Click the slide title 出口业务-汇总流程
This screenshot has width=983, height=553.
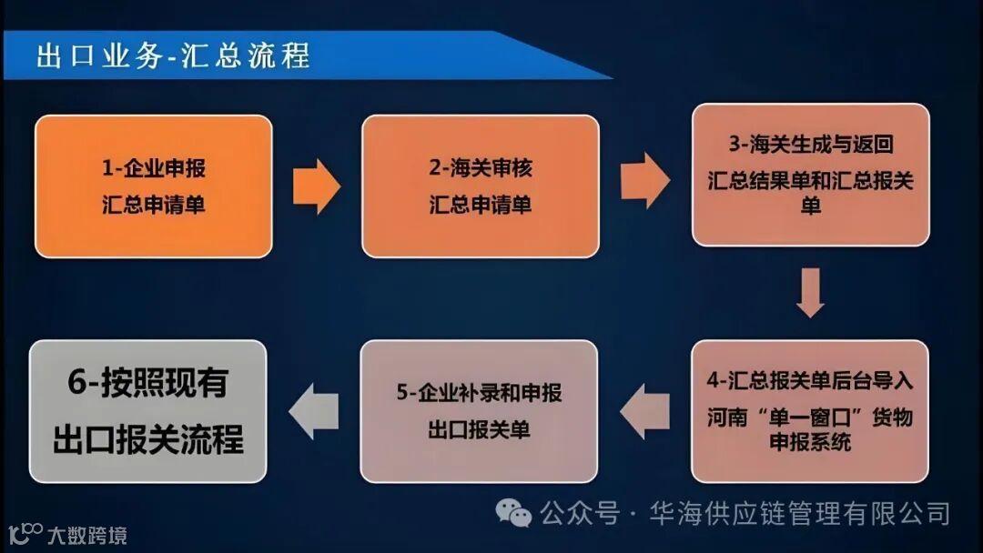(173, 55)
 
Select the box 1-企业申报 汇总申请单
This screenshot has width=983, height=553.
(153, 186)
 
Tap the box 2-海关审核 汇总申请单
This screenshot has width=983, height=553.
(481, 186)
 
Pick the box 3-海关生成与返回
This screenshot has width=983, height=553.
(810, 175)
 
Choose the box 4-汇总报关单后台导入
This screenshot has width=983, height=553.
(810, 411)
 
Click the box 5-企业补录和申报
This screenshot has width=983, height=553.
(480, 411)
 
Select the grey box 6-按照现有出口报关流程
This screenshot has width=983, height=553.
(148, 411)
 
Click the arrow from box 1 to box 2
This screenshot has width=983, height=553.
(316, 186)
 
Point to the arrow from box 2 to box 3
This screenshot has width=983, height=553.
(644, 180)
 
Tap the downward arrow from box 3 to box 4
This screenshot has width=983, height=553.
(810, 292)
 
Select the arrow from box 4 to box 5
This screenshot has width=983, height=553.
(645, 411)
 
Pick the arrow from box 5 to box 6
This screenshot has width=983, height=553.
(314, 411)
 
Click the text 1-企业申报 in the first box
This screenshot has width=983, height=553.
(153, 168)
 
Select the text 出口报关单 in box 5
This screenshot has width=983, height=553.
(480, 429)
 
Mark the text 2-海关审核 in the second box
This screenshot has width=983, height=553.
(481, 168)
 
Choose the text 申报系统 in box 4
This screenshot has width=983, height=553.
(810, 442)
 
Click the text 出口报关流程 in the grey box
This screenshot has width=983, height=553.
(148, 439)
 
